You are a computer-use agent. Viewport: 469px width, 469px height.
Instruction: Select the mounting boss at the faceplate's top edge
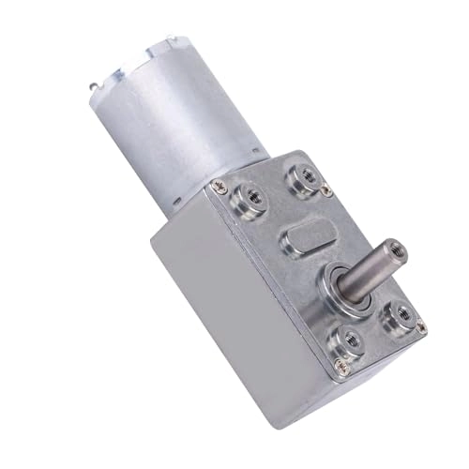[x=304, y=175]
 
